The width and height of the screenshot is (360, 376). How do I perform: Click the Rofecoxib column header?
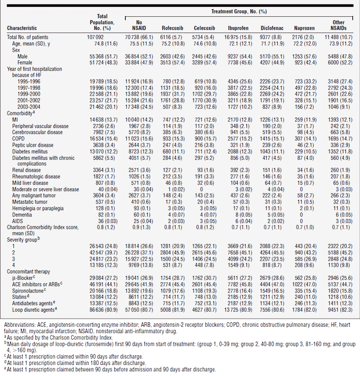(x=172, y=28)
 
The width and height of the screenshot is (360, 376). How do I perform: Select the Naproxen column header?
(x=304, y=28)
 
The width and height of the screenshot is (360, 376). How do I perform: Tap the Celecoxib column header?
(x=205, y=28)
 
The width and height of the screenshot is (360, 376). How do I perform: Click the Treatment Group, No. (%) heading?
(x=239, y=12)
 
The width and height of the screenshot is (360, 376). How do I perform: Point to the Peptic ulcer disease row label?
(x=33, y=145)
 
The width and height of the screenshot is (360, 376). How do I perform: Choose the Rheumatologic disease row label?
(x=37, y=177)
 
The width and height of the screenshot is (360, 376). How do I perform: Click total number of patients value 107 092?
(x=95, y=37)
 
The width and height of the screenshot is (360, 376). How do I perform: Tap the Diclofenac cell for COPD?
(x=272, y=139)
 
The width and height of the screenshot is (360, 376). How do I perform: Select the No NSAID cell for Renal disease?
(x=140, y=170)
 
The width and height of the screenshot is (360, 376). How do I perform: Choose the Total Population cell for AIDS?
(x=108, y=221)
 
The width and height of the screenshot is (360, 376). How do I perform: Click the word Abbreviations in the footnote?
(x=20, y=325)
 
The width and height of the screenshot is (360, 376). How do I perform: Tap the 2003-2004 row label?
(x=29, y=107)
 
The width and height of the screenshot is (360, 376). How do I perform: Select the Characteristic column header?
(x=22, y=28)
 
